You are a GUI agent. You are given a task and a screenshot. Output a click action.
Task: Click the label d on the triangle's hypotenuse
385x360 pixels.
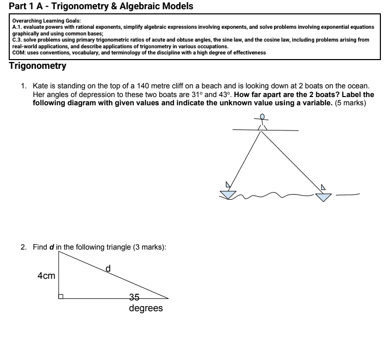(108, 268)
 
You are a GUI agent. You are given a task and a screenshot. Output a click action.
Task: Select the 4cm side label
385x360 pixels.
(46, 276)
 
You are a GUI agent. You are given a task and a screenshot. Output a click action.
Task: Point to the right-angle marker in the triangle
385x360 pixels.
(61, 296)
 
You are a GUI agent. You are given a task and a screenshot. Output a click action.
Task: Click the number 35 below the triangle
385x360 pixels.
(134, 297)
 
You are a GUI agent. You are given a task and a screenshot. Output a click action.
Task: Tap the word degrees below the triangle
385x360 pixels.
(146, 308)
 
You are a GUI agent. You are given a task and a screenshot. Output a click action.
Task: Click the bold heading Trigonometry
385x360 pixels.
(37, 66)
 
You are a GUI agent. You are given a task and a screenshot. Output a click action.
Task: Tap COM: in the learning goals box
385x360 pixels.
(20, 52)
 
